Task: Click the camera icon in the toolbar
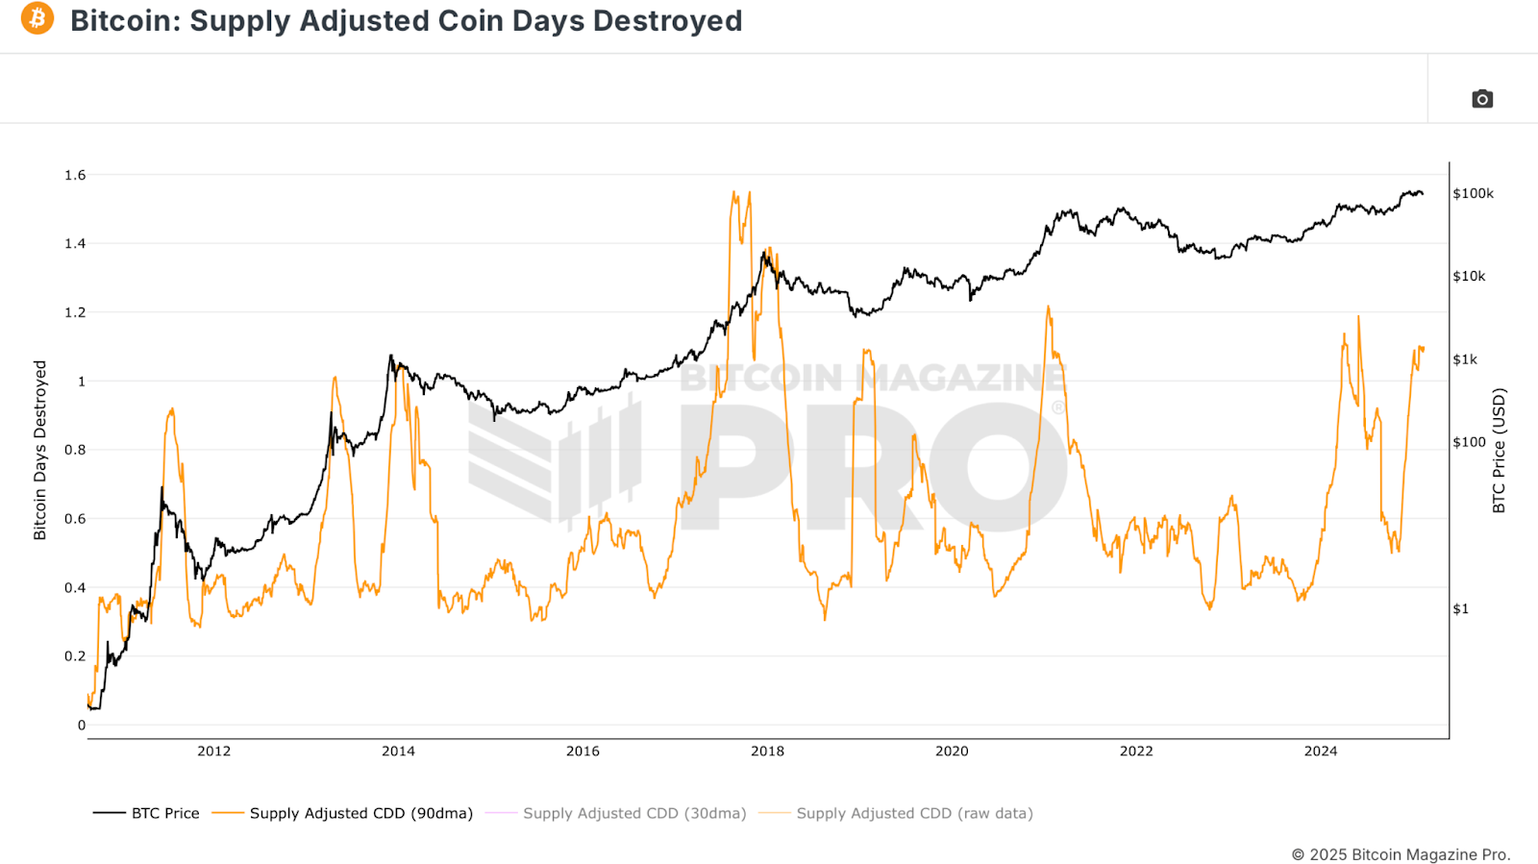pos(1481,99)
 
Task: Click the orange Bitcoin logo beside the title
pos(37,18)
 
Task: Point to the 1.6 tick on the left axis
pos(75,175)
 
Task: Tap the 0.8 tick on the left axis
pos(75,450)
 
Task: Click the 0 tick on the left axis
pos(82,726)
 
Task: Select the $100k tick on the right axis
pos(1473,193)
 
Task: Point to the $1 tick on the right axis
pos(1460,608)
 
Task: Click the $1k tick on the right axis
pos(1465,359)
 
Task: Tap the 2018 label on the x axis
pos(767,752)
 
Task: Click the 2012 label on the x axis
pos(213,752)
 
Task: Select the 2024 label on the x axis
pos(1320,752)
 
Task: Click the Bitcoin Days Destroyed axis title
pos(39,450)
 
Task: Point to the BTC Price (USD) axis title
pos(1499,450)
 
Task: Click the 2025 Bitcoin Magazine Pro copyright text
pos(1401,854)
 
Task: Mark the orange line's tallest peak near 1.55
pos(734,192)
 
